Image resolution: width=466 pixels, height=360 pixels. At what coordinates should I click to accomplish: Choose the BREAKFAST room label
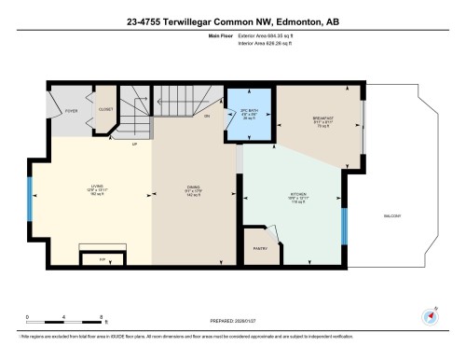pyautogui.click(x=323, y=118)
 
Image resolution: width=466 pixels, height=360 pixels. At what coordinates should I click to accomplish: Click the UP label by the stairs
pyautogui.click(x=135, y=145)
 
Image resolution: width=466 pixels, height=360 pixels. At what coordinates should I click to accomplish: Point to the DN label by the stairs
pyautogui.click(x=205, y=115)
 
